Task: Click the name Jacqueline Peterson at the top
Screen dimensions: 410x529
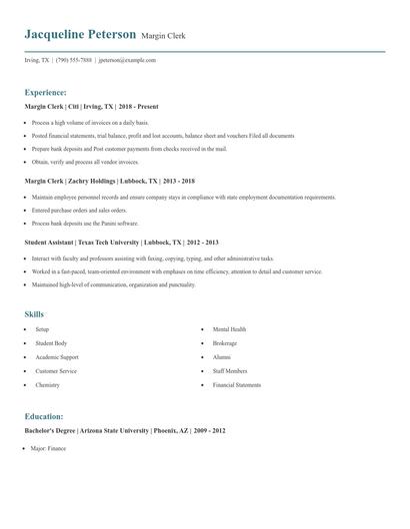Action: click(80, 34)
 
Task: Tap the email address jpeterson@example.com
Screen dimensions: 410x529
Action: click(127, 60)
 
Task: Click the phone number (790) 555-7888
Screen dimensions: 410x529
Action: click(74, 60)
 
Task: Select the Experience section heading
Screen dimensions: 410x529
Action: click(46, 91)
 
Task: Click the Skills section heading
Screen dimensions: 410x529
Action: click(34, 314)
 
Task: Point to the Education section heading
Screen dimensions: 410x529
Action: click(44, 416)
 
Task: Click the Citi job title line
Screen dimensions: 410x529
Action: click(91, 106)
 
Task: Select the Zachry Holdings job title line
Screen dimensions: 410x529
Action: click(109, 182)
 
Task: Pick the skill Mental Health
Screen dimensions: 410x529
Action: click(229, 328)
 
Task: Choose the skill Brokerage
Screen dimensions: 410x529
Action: click(224, 342)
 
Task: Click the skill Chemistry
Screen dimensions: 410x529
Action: click(48, 384)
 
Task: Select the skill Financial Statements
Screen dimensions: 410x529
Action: click(236, 384)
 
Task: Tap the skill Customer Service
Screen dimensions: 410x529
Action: click(56, 370)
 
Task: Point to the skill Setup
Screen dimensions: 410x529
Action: click(42, 328)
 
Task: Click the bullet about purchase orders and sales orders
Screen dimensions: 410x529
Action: click(79, 212)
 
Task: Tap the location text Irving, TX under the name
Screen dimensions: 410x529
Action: click(37, 60)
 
